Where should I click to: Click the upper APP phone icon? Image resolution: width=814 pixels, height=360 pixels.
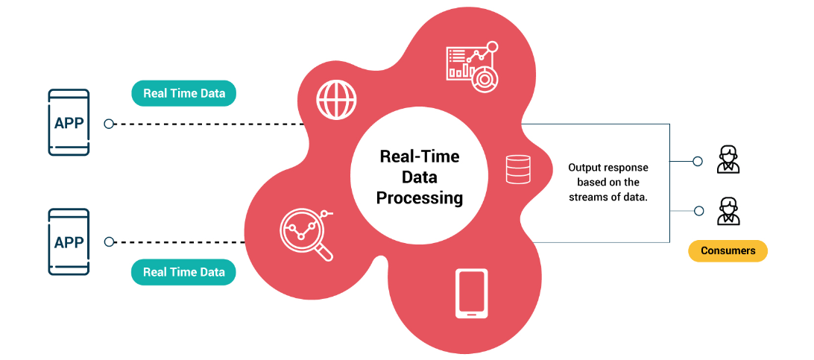(x=69, y=122)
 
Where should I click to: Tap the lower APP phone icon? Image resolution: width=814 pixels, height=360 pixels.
(x=69, y=241)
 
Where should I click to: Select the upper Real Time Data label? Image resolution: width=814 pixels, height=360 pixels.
(x=184, y=93)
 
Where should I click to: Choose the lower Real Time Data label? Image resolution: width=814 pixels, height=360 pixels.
(x=184, y=272)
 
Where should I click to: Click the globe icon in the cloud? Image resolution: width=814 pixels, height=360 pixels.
(x=337, y=98)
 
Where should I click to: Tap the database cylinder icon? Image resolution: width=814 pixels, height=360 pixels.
(x=517, y=169)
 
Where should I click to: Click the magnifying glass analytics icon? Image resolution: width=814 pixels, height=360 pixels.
(x=306, y=234)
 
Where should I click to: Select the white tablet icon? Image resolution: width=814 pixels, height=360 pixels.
(x=471, y=293)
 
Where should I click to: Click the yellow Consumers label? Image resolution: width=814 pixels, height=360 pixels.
(x=728, y=250)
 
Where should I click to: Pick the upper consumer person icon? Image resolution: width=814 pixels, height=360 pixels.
(x=728, y=160)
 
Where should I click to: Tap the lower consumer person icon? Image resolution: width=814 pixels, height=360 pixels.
(x=728, y=211)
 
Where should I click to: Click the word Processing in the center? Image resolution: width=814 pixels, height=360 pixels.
(x=420, y=198)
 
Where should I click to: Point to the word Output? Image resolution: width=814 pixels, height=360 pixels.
(x=586, y=168)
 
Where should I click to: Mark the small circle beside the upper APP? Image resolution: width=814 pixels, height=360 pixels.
(x=109, y=124)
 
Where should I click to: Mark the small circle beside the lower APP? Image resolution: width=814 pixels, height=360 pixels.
(x=109, y=241)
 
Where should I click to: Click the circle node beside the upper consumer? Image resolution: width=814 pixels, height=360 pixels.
(x=698, y=161)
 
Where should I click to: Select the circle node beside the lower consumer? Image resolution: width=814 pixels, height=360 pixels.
(x=698, y=211)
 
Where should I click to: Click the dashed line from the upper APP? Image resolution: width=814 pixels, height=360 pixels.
(x=208, y=124)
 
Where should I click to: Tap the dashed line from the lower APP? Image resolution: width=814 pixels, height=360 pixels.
(x=180, y=242)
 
